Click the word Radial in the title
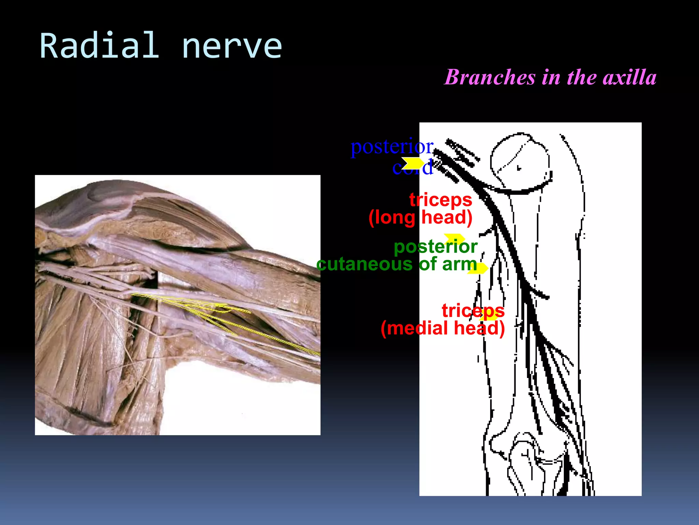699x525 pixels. click(99, 45)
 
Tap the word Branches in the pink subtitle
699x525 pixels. click(490, 77)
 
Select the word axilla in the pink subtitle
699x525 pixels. click(630, 77)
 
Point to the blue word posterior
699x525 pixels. click(392, 147)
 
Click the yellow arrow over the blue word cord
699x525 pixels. click(412, 163)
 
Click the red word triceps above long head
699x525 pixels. click(441, 200)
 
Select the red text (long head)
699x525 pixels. click(420, 217)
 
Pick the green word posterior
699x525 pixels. click(436, 247)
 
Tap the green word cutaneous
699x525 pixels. click(365, 264)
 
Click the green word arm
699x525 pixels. click(459, 264)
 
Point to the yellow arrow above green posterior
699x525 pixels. click(455, 238)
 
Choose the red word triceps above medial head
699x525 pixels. click(473, 311)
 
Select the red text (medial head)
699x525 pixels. click(443, 328)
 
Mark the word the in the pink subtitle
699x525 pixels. click(582, 77)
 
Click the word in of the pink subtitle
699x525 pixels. click(551, 77)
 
